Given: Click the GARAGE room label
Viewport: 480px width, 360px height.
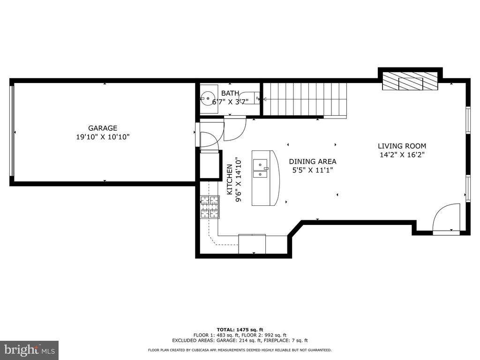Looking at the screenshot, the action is (103, 128).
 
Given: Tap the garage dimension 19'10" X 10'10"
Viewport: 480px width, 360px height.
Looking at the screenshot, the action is (103, 137).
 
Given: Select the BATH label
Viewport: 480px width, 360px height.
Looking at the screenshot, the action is (230, 93).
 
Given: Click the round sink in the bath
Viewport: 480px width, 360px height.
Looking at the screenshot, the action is (208, 98).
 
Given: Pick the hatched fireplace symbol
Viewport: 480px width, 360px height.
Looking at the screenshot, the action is (410, 81).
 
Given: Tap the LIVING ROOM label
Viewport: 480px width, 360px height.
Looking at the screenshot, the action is (402, 146).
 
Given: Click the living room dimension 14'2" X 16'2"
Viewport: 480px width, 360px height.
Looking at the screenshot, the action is (402, 155).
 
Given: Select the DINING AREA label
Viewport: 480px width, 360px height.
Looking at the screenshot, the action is (313, 161).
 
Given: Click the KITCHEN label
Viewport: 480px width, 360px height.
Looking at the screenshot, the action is (230, 180).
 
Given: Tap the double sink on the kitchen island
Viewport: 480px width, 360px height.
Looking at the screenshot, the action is (260, 169).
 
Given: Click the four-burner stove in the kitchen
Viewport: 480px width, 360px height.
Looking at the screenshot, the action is (210, 207).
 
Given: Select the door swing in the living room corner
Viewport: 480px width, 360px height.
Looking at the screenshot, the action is (447, 219).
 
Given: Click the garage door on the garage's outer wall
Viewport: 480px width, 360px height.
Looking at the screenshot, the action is (12, 131).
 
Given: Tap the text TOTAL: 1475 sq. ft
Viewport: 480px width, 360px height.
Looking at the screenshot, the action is (240, 330).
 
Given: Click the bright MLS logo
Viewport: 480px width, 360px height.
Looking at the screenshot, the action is (30, 350).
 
